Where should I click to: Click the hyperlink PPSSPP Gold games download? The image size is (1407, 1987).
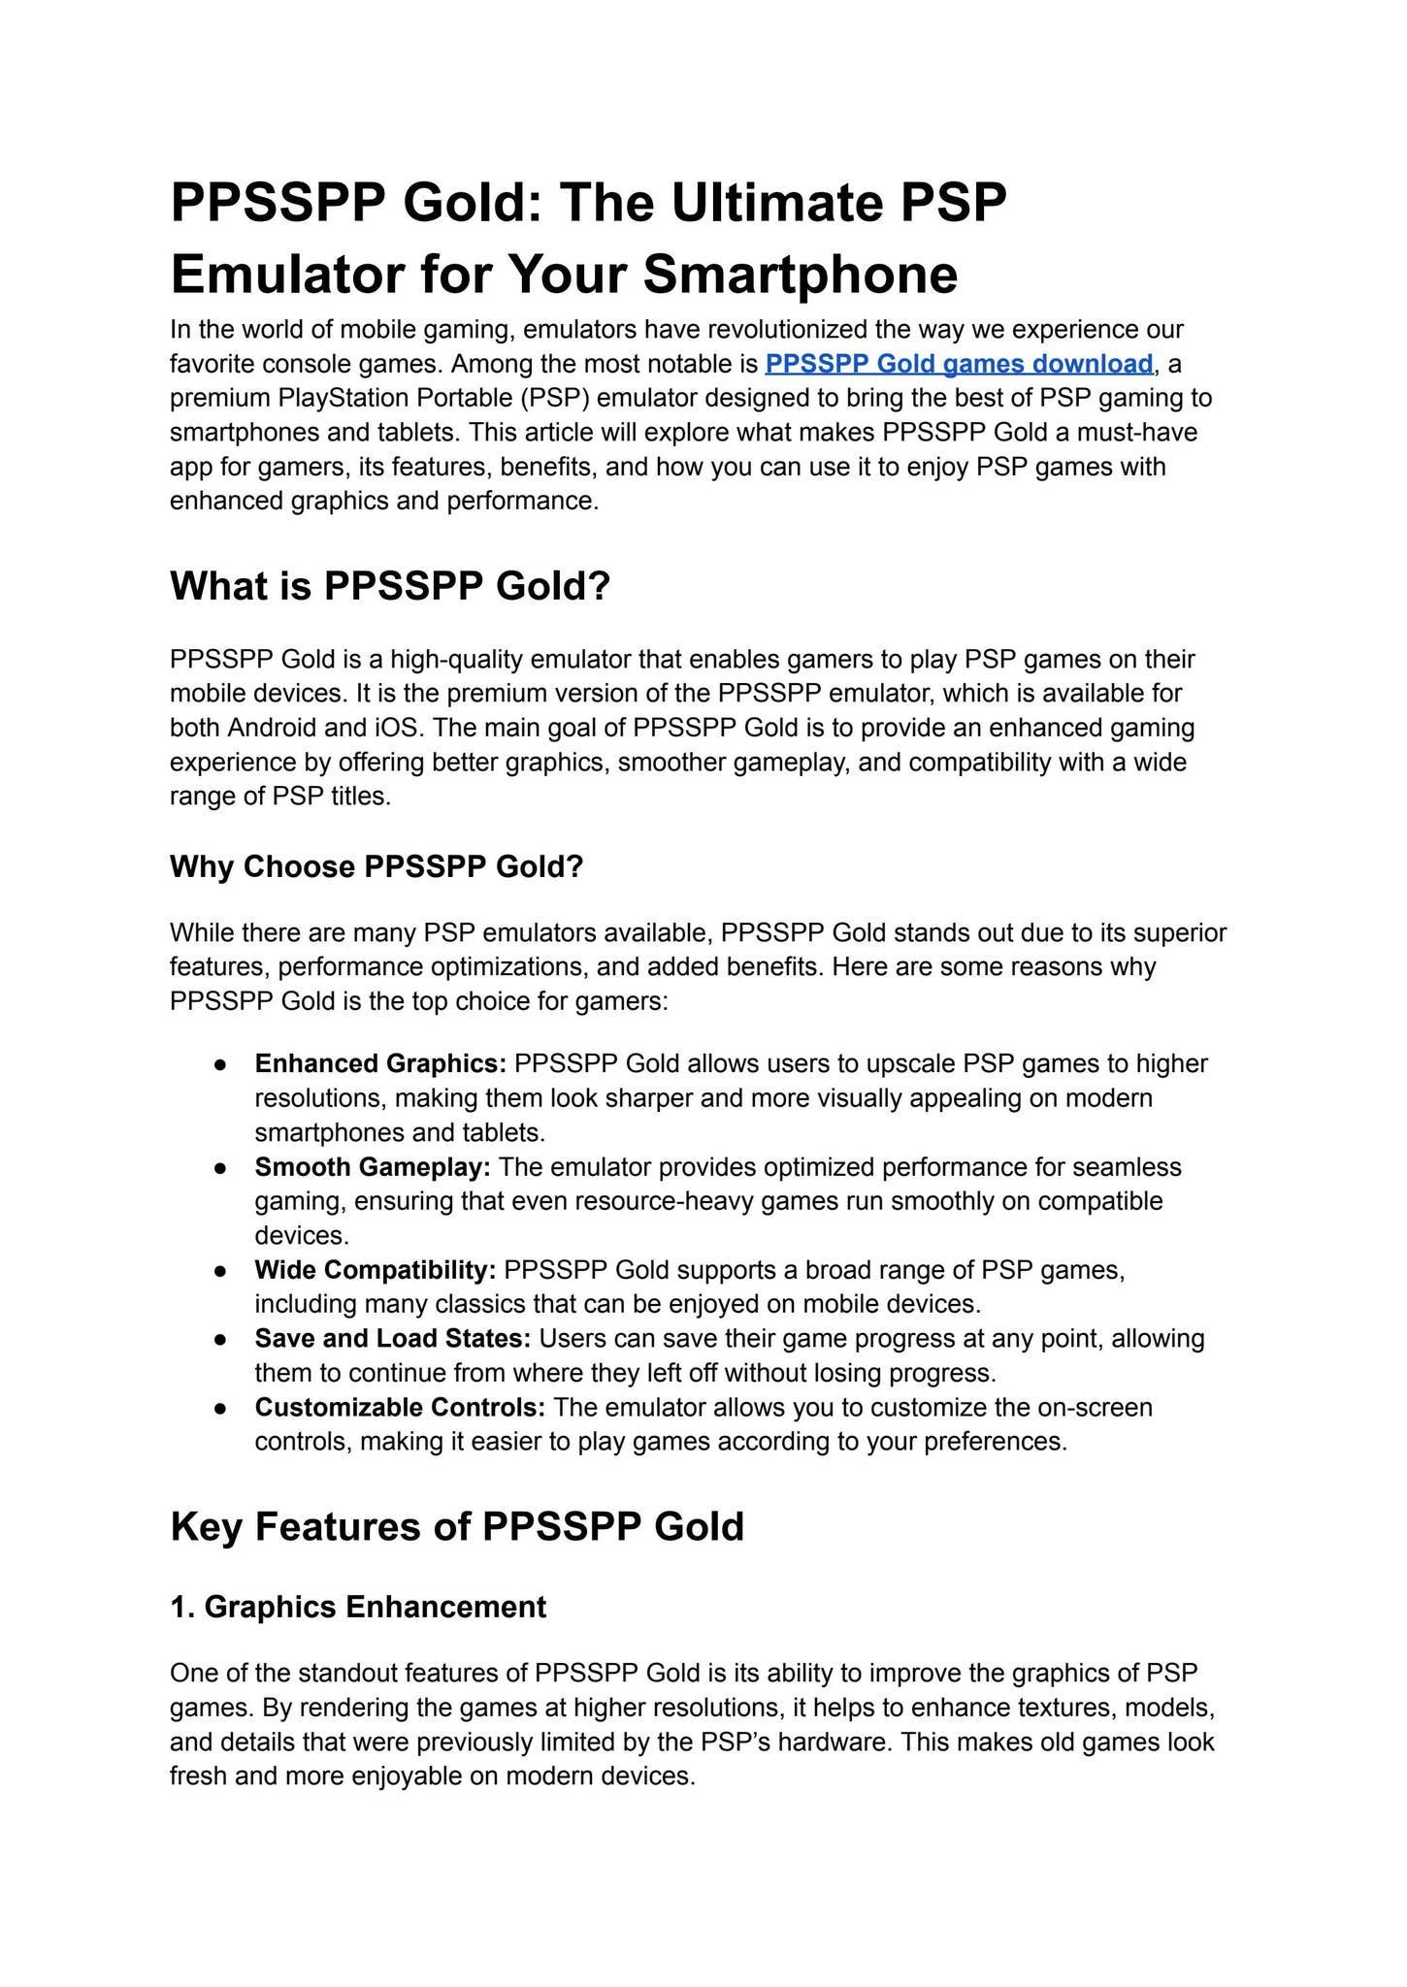[958, 364]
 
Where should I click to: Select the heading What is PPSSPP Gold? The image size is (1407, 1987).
[389, 586]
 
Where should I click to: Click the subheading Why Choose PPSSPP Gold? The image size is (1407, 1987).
[376, 866]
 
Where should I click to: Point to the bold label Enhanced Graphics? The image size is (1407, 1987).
[380, 1063]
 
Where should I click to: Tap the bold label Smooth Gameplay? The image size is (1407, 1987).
[373, 1166]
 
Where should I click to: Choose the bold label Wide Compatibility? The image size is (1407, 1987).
[376, 1269]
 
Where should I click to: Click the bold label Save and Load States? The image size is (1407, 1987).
[393, 1338]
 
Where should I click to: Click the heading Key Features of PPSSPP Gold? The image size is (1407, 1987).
[457, 1526]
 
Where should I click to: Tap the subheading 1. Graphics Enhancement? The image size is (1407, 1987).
[358, 1607]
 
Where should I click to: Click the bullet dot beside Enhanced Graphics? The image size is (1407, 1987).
[221, 1064]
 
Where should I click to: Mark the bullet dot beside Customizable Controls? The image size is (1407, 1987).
[221, 1408]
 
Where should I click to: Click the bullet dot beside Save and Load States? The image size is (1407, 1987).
[221, 1339]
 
